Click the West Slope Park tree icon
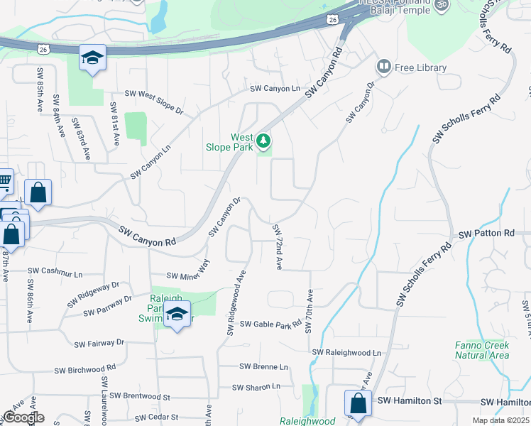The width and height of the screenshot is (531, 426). [263, 141]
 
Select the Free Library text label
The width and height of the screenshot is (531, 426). [421, 68]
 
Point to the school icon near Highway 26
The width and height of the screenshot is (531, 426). [92, 58]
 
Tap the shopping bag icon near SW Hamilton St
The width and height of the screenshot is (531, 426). [359, 403]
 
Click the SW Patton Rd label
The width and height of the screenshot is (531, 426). [486, 234]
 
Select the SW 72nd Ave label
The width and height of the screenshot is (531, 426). [278, 246]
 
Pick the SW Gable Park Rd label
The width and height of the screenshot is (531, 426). [271, 324]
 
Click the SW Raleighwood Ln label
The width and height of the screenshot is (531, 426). [346, 353]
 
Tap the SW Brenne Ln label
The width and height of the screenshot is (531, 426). [264, 367]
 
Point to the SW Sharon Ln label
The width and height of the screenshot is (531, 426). [257, 388]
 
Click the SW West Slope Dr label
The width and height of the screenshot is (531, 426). [154, 93]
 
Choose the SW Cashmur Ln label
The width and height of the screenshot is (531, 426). [55, 272]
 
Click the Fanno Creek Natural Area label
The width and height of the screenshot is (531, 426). [482, 350]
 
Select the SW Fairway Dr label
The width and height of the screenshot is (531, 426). [99, 343]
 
